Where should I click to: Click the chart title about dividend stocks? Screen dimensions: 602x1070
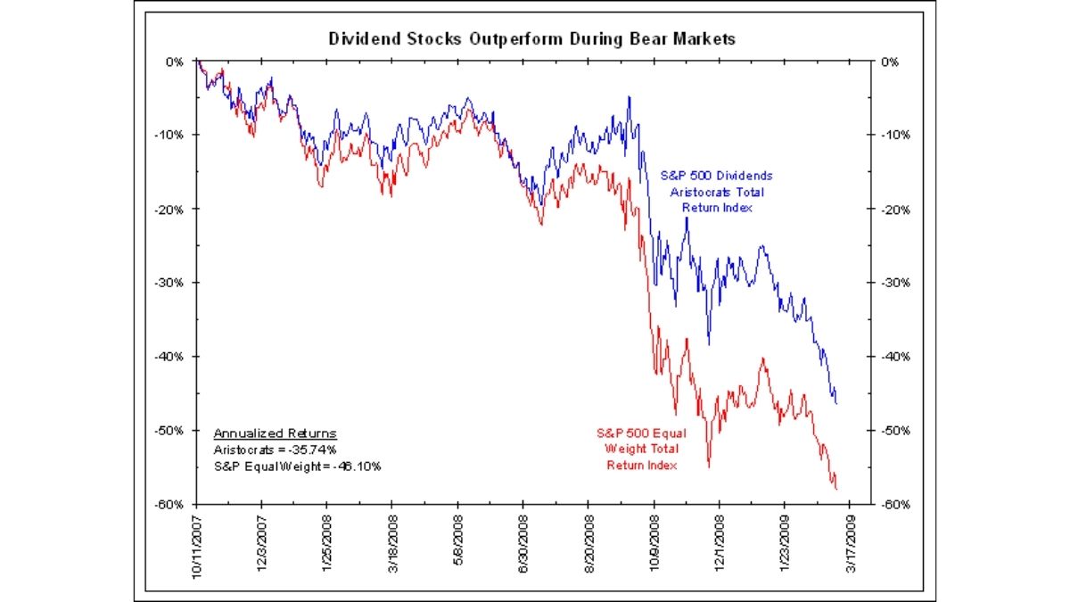pyautogui.click(x=532, y=39)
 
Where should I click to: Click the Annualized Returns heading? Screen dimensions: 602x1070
pyautogui.click(x=275, y=433)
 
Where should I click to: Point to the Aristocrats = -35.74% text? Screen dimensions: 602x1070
pyautogui.click(x=275, y=449)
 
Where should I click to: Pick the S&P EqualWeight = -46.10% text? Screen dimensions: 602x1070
pyautogui.click(x=297, y=466)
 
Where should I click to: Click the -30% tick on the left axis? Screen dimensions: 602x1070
pyautogui.click(x=171, y=283)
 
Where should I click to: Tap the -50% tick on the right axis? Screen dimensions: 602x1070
pyautogui.click(x=893, y=430)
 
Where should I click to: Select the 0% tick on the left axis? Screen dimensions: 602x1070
pyautogui.click(x=176, y=62)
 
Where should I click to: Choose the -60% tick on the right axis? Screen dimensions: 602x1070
pyautogui.click(x=893, y=504)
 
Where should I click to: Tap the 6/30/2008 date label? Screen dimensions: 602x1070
pyautogui.click(x=523, y=544)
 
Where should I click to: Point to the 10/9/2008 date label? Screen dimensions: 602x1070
pyautogui.click(x=654, y=544)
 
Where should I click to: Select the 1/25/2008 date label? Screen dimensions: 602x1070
pyautogui.click(x=327, y=544)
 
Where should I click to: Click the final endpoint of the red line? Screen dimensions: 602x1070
pyautogui.click(x=836, y=489)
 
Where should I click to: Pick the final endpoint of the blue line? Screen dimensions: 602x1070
pyautogui.click(x=836, y=404)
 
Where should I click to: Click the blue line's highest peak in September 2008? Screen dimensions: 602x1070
pyautogui.click(x=630, y=97)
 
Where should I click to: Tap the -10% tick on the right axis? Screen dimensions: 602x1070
pyautogui.click(x=893, y=136)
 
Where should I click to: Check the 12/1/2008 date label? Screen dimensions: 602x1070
pyautogui.click(x=720, y=544)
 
